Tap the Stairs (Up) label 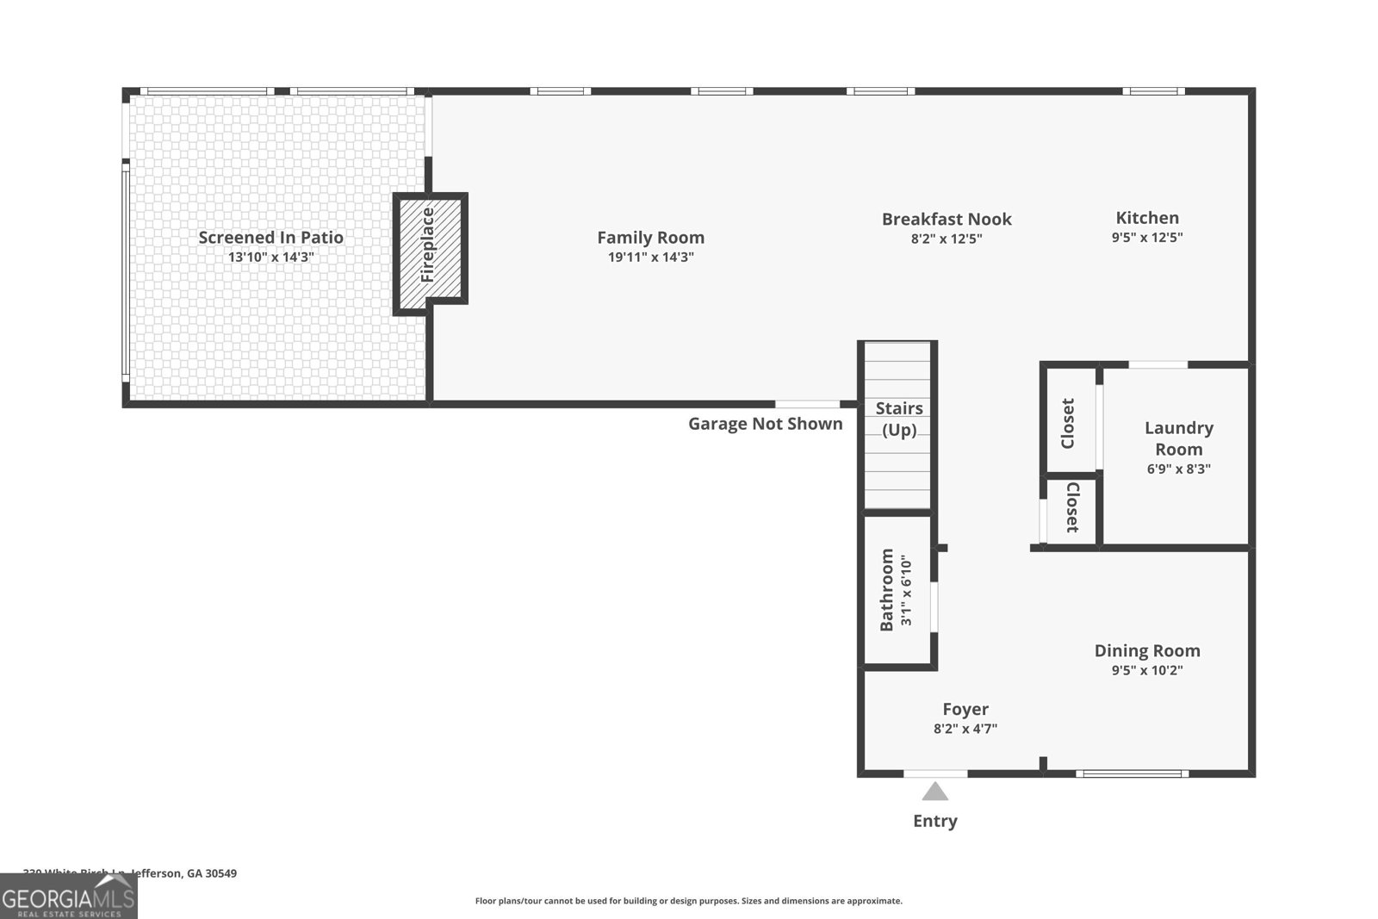[x=899, y=419]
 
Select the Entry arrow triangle [x=935, y=792]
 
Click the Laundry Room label [x=1178, y=438]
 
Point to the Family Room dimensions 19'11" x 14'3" [x=650, y=257]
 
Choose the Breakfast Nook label [x=946, y=219]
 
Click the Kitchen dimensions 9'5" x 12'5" [x=1146, y=238]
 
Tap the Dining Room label [x=1146, y=650]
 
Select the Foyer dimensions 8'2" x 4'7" [x=965, y=729]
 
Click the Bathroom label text [x=886, y=590]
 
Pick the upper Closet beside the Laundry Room [x=1068, y=423]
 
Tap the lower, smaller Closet [x=1071, y=508]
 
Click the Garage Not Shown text [x=765, y=423]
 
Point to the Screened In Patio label [x=270, y=237]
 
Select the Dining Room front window [x=1132, y=773]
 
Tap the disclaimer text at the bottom [x=688, y=901]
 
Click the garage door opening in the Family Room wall [x=807, y=404]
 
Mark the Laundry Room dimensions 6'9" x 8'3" [x=1178, y=469]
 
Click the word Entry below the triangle [x=934, y=821]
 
